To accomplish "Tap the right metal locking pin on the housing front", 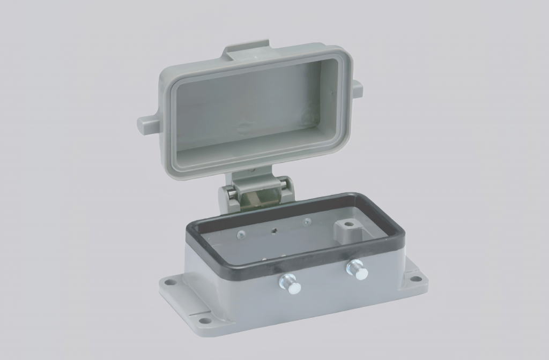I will click(x=357, y=269).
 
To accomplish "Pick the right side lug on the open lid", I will click(x=356, y=88).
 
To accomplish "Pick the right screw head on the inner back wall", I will click(x=307, y=221).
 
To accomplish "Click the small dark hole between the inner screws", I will click(x=274, y=231).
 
